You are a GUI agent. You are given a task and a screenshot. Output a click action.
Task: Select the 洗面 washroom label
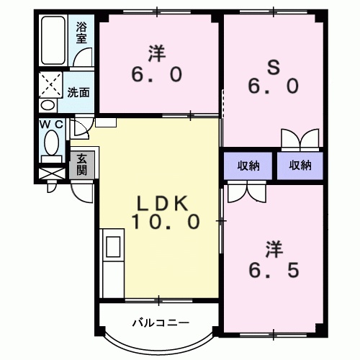pyautogui.click(x=78, y=92)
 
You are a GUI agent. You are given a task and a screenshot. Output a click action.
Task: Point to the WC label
pyautogui.click(x=51, y=124)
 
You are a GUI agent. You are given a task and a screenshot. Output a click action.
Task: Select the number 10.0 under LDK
pyautogui.click(x=164, y=222)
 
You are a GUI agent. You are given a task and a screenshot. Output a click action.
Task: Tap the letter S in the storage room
pyautogui.click(x=273, y=66)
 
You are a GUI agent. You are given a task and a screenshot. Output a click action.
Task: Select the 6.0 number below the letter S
pyautogui.click(x=273, y=87)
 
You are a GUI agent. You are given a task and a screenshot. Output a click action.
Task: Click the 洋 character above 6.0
pyautogui.click(x=157, y=53)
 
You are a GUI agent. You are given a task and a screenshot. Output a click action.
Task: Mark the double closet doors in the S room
pyautogui.click(x=300, y=138)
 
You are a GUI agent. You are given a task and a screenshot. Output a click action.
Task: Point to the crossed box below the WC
pyautogui.click(x=51, y=174)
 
